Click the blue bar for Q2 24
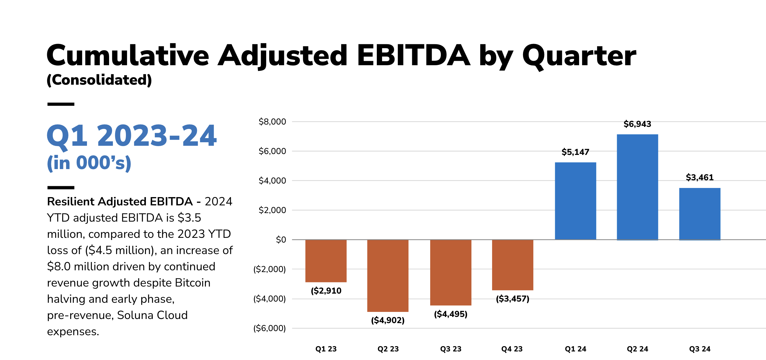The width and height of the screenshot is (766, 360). [x=637, y=187]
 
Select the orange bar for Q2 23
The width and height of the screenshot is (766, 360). [x=388, y=276]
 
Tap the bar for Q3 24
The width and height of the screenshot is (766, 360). [x=700, y=214]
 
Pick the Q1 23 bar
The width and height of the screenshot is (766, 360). [x=326, y=261]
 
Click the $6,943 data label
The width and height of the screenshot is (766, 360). [x=637, y=124]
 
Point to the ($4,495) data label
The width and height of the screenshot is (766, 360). [x=451, y=314]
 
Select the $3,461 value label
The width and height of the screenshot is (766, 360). [x=699, y=178]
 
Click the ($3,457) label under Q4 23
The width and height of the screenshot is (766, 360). [x=512, y=299]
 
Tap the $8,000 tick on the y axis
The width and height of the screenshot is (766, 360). [x=272, y=122]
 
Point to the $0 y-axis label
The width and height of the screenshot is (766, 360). [x=281, y=240]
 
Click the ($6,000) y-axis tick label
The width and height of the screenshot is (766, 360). [x=269, y=328]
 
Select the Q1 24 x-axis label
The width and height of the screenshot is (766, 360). [x=576, y=349]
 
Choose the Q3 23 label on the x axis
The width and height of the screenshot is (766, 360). [x=451, y=349]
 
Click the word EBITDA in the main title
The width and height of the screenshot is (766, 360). [x=413, y=56]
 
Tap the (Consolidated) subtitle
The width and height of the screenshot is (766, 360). [x=99, y=80]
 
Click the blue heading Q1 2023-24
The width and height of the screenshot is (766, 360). [x=132, y=136]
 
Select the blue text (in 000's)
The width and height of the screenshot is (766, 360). [x=89, y=163]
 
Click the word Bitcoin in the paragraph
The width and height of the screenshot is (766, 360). [x=193, y=283]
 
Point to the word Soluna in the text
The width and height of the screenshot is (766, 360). [x=135, y=315]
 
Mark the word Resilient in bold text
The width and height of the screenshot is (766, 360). [x=71, y=202]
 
